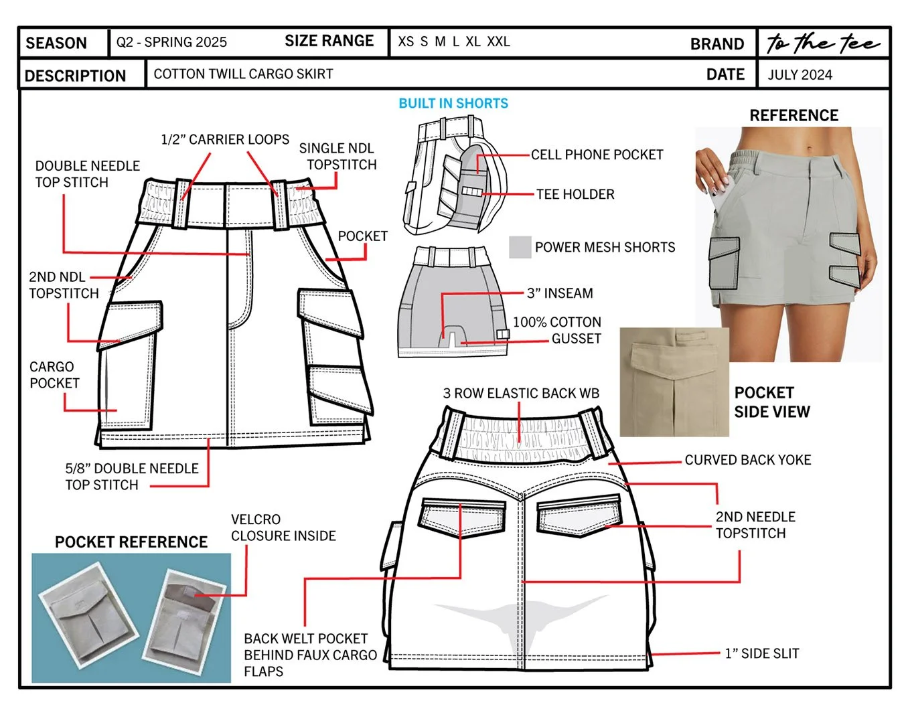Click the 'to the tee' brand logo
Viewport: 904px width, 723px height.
[x=823, y=43]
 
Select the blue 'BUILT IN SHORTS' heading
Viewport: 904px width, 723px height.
[x=453, y=103]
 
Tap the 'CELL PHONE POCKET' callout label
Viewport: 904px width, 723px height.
[x=597, y=155]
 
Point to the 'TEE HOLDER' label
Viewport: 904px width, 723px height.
[x=575, y=194]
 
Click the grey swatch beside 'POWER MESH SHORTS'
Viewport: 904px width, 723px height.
[x=520, y=247]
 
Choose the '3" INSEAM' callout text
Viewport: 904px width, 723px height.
[x=560, y=293]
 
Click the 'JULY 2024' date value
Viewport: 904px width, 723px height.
[x=800, y=75]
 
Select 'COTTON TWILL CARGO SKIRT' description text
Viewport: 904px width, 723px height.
[x=243, y=74]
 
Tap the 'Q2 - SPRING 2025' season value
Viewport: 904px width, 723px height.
[x=171, y=42]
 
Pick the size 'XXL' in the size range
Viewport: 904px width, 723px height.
[x=498, y=42]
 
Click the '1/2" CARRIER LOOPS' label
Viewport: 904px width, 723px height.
[x=225, y=139]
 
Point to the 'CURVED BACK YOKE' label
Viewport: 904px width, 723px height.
[x=747, y=460]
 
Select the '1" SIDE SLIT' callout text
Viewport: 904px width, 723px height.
[x=762, y=653]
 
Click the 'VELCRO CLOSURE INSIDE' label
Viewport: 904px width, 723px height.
[x=283, y=528]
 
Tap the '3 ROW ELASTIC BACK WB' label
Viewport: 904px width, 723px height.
[x=521, y=393]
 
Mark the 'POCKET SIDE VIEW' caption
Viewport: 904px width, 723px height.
[x=772, y=402]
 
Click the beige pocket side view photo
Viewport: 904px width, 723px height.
[x=674, y=382]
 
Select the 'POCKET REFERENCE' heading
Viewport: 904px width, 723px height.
[x=131, y=542]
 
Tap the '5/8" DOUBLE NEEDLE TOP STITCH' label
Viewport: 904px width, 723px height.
[x=131, y=477]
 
